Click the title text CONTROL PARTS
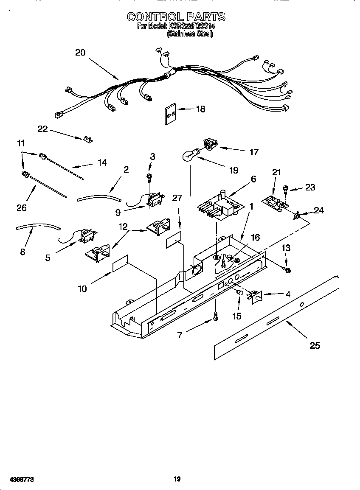click(x=176, y=17)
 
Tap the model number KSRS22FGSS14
click(x=191, y=26)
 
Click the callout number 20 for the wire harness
click(x=80, y=53)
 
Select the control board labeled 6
click(x=219, y=207)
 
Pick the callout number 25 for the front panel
click(x=315, y=345)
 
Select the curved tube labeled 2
click(x=99, y=196)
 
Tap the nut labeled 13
click(x=287, y=270)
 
